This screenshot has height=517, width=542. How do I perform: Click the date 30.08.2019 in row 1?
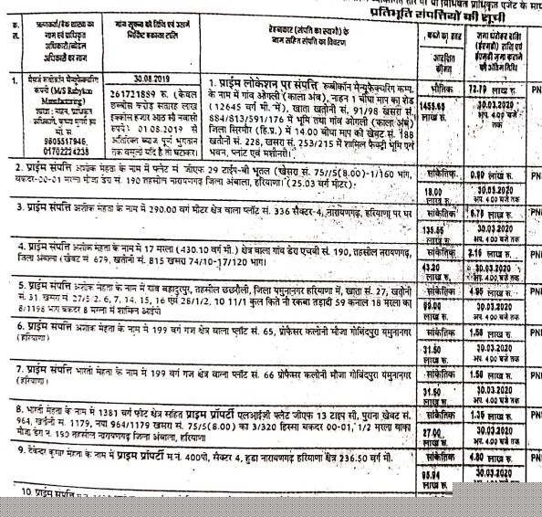click(x=139, y=79)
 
